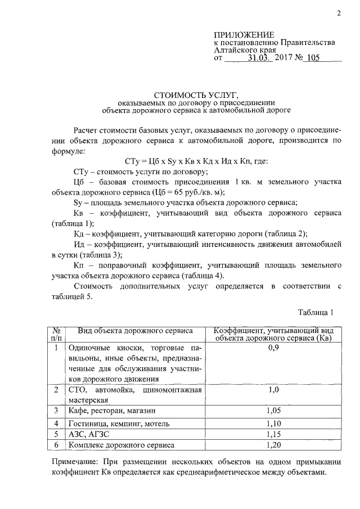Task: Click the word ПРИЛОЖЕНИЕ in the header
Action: (x=244, y=35)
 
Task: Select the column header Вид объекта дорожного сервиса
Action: (x=136, y=330)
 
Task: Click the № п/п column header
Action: (x=57, y=334)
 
